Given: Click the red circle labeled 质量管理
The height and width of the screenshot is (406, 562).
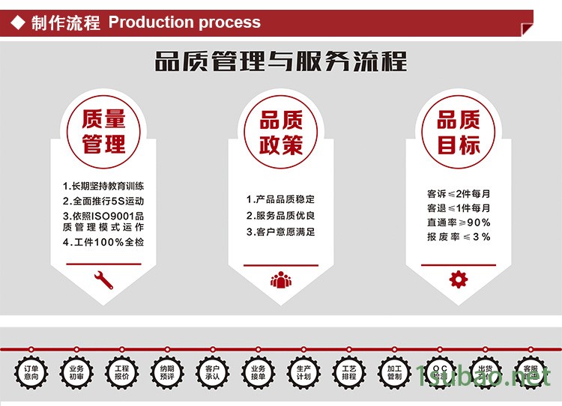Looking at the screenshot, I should click(103, 131).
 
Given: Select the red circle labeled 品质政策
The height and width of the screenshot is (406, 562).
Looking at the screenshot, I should click(281, 132).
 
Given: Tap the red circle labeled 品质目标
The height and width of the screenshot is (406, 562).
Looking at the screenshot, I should click(458, 131).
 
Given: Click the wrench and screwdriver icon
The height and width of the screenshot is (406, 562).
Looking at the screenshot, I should click(103, 280).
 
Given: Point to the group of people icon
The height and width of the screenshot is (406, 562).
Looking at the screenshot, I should click(281, 280).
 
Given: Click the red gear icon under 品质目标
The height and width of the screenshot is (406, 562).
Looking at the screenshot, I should click(458, 280).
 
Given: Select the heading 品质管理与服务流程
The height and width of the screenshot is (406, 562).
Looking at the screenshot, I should click(281, 61).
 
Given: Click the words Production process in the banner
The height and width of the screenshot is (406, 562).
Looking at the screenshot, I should click(184, 22).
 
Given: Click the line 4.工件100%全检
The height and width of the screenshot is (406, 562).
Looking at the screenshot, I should click(103, 242).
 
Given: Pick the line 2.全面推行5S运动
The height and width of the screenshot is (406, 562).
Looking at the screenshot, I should click(103, 201).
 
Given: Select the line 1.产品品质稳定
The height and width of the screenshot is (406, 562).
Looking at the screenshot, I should click(281, 199).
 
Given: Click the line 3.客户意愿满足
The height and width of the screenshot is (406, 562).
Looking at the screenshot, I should click(281, 232).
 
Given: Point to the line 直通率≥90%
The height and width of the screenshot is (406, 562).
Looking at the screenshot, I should click(459, 222).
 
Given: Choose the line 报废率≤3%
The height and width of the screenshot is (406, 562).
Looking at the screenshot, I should click(459, 237).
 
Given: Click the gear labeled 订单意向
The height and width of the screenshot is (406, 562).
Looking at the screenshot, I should click(31, 372).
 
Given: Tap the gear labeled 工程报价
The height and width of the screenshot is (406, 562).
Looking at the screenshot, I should click(121, 372).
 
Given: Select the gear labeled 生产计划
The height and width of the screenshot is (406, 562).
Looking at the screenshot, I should click(303, 372).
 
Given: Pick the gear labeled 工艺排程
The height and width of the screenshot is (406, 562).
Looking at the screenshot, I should click(349, 372).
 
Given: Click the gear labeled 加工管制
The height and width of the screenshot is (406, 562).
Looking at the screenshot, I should click(394, 372).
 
